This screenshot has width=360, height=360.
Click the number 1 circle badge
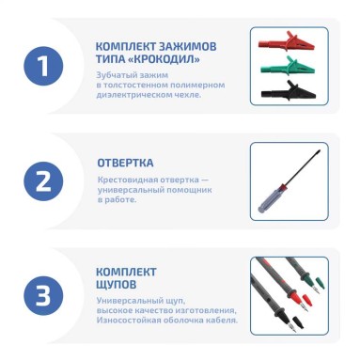coord(43,66)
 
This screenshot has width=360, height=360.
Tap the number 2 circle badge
coord(43,181)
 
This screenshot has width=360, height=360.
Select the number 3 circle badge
coord(43,295)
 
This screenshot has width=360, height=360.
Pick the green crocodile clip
coord(288,67)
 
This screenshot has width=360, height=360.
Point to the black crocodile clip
coord(289,91)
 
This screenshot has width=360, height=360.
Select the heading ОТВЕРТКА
coord(125,163)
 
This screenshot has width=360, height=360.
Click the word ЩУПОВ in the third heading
coord(117,285)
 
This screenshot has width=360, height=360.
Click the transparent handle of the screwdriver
coord(270,199)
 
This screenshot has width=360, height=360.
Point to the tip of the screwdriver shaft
coord(320,151)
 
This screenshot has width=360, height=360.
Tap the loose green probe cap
coord(320,282)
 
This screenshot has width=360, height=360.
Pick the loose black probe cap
coord(298,322)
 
